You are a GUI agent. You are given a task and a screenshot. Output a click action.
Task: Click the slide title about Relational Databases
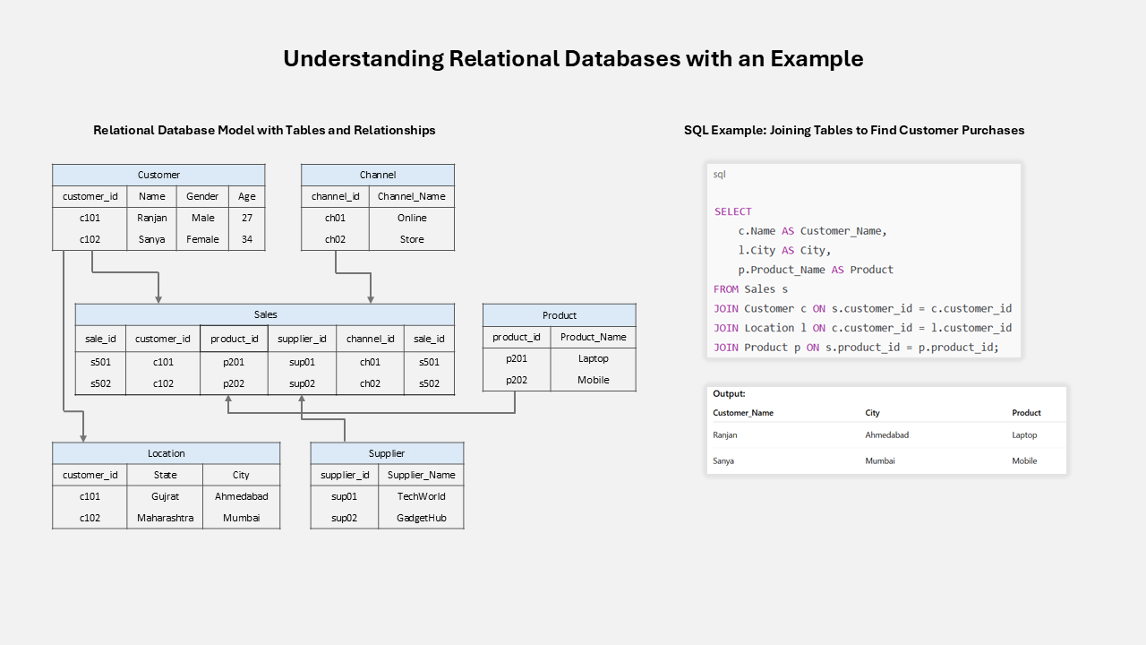click(x=573, y=59)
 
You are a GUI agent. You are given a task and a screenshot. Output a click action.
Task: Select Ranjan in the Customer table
click(x=152, y=218)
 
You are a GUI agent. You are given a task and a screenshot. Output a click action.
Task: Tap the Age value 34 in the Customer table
click(x=246, y=239)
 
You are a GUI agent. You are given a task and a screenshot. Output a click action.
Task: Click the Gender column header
click(x=202, y=196)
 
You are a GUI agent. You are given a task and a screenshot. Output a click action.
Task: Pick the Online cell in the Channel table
click(x=412, y=218)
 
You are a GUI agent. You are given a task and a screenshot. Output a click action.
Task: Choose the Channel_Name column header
click(x=412, y=196)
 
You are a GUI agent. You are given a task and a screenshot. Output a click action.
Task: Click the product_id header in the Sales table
click(x=234, y=339)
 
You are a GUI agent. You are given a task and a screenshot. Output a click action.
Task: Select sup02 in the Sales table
click(x=302, y=383)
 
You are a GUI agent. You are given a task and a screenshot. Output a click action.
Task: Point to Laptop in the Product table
click(x=593, y=358)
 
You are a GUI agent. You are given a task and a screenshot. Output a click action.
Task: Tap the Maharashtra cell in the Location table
click(x=165, y=518)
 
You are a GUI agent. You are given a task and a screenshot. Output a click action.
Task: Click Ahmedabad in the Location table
click(x=241, y=496)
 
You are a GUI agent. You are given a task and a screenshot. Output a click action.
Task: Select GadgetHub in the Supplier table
click(x=421, y=518)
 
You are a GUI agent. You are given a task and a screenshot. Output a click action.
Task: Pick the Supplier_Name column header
click(x=421, y=475)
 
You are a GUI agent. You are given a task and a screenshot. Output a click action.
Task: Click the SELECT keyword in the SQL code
click(x=732, y=211)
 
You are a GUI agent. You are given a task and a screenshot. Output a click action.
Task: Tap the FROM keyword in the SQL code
click(x=726, y=289)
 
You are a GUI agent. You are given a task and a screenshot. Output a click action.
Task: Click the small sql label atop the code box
click(x=719, y=175)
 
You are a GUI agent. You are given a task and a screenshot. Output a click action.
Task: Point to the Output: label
click(x=729, y=393)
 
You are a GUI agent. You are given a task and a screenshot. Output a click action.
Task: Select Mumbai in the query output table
click(x=879, y=460)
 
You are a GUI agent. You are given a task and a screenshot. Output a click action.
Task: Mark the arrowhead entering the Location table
click(x=83, y=437)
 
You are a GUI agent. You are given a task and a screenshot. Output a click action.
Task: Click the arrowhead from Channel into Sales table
click(x=370, y=299)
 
